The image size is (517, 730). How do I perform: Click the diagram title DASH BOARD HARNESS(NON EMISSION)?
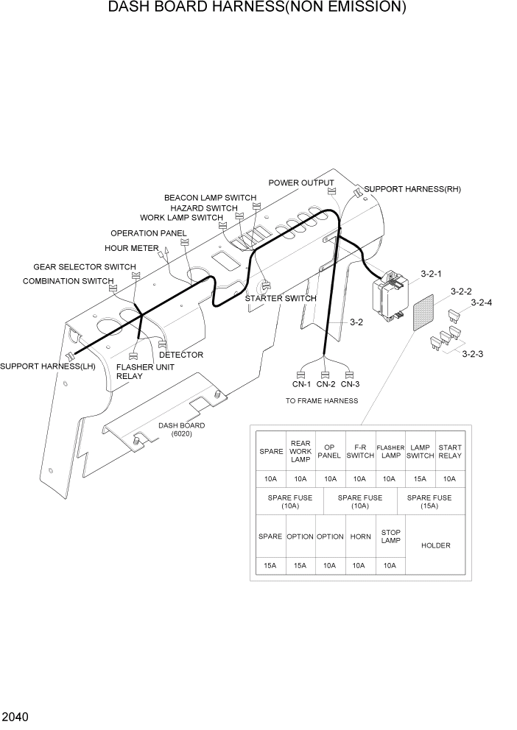[257, 8]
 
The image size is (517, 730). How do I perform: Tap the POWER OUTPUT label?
[300, 183]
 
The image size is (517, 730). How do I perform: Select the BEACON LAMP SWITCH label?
[210, 198]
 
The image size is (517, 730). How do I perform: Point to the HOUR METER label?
[131, 249]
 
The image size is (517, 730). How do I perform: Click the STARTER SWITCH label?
[281, 299]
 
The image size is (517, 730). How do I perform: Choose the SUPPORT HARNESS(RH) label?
[412, 189]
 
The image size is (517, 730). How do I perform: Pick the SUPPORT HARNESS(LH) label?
[37, 366]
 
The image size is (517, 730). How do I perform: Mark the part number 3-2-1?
[431, 274]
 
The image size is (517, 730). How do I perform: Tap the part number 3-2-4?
[482, 302]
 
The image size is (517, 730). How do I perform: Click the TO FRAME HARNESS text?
[322, 401]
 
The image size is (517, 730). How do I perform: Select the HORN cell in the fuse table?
[360, 536]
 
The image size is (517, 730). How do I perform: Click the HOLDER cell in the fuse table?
[435, 545]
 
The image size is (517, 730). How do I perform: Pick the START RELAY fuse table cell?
[450, 452]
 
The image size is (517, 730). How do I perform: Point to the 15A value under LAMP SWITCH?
[420, 479]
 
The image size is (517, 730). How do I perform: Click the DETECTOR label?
[181, 355]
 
